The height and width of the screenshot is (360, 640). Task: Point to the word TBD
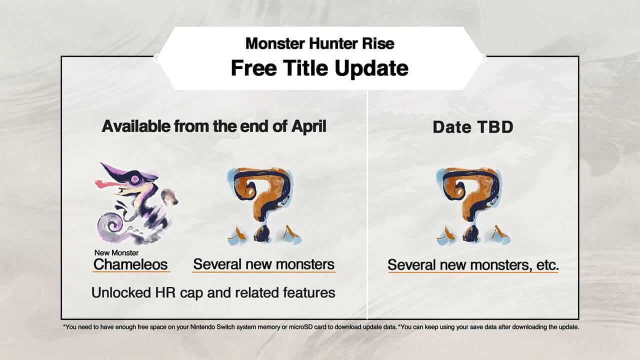point(492,127)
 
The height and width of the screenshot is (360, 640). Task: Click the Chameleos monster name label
point(131,264)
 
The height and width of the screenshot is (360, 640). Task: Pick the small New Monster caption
point(116,252)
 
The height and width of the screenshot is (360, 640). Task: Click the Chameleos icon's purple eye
point(135,177)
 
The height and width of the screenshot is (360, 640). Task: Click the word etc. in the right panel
point(544,265)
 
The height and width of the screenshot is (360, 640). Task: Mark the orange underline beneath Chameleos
point(131,271)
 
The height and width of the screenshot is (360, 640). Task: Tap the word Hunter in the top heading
point(332,43)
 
